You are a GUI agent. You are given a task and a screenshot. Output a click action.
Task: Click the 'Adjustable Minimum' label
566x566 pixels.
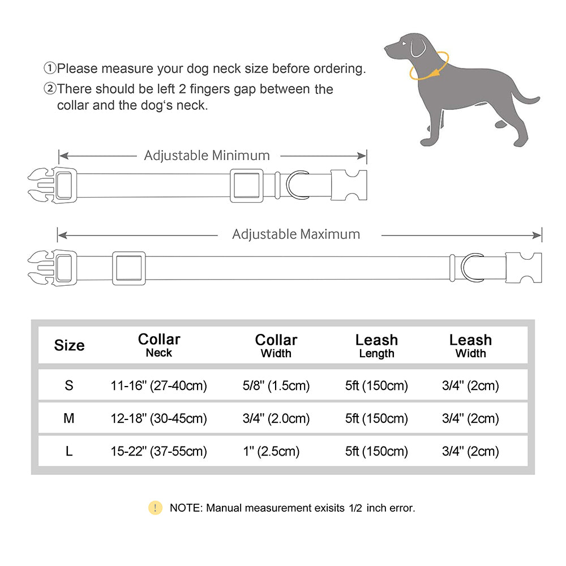click(207, 155)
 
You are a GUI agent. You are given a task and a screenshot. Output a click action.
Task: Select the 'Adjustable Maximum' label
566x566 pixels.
click(296, 234)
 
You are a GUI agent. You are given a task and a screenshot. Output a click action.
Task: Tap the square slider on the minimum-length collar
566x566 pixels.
click(246, 185)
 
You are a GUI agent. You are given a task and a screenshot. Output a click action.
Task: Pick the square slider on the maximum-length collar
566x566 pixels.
click(128, 268)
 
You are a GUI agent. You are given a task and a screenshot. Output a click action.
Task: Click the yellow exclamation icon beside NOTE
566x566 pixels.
click(155, 508)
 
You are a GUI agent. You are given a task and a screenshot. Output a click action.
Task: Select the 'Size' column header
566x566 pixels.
click(69, 345)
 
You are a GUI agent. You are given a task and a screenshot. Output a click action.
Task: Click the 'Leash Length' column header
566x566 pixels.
click(376, 346)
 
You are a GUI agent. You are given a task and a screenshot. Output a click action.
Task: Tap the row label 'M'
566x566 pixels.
click(69, 418)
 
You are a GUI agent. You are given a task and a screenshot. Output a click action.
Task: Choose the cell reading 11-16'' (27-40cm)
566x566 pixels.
click(159, 386)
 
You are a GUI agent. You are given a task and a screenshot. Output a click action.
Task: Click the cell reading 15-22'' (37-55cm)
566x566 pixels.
click(159, 451)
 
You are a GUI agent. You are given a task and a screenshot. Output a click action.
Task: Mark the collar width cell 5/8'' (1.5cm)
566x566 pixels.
click(276, 386)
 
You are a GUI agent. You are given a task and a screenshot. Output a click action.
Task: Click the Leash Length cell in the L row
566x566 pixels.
click(376, 451)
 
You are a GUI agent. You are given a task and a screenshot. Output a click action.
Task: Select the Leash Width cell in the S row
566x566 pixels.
click(470, 386)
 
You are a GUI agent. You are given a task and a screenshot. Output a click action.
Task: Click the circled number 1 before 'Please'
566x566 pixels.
click(50, 68)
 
